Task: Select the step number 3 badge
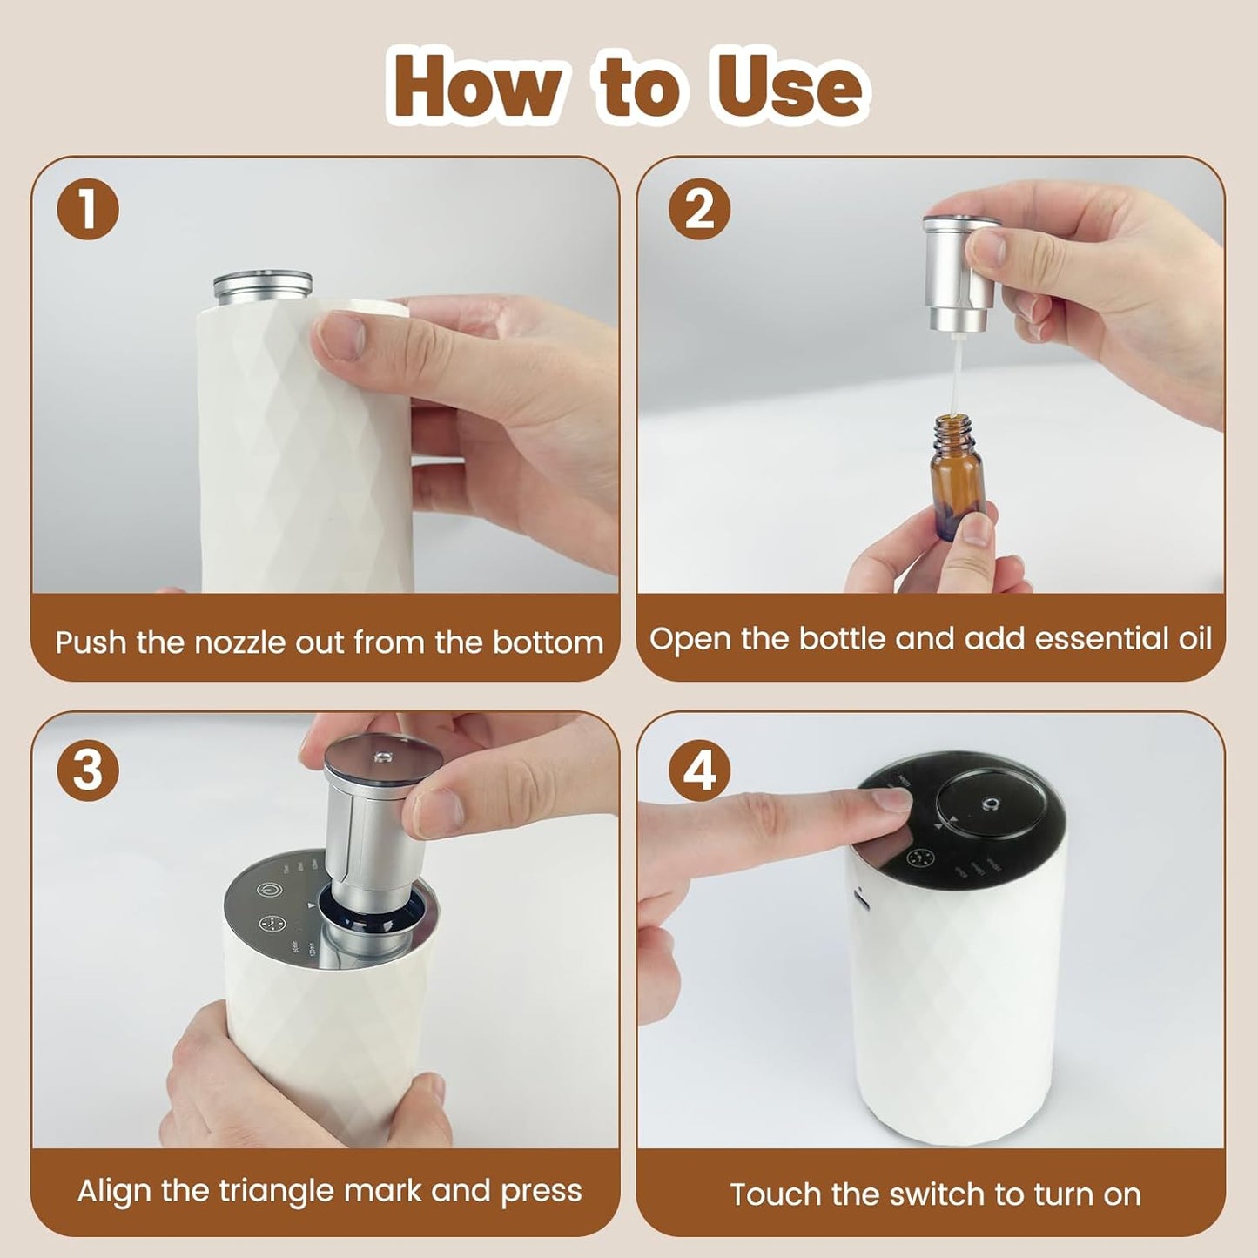point(87,770)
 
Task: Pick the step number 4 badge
point(698,770)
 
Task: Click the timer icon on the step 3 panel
point(272,925)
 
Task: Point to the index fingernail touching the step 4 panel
point(891,799)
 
